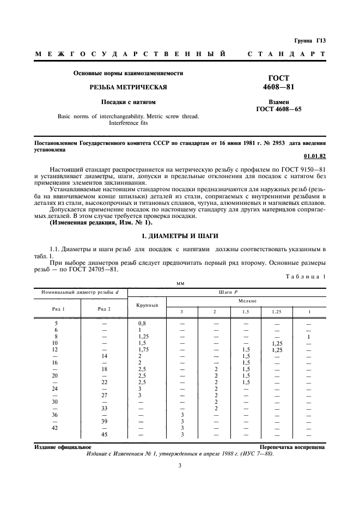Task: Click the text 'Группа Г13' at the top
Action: tap(310, 41)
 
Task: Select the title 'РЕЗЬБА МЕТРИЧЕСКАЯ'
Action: tap(128, 87)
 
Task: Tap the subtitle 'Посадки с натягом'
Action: tap(128, 102)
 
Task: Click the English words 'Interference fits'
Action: tap(128, 123)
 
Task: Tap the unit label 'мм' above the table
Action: tap(180, 283)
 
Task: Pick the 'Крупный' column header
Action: tap(147, 305)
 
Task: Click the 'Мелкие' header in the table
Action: tap(247, 300)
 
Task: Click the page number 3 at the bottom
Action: tap(180, 465)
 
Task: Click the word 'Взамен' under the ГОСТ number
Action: tap(278, 102)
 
